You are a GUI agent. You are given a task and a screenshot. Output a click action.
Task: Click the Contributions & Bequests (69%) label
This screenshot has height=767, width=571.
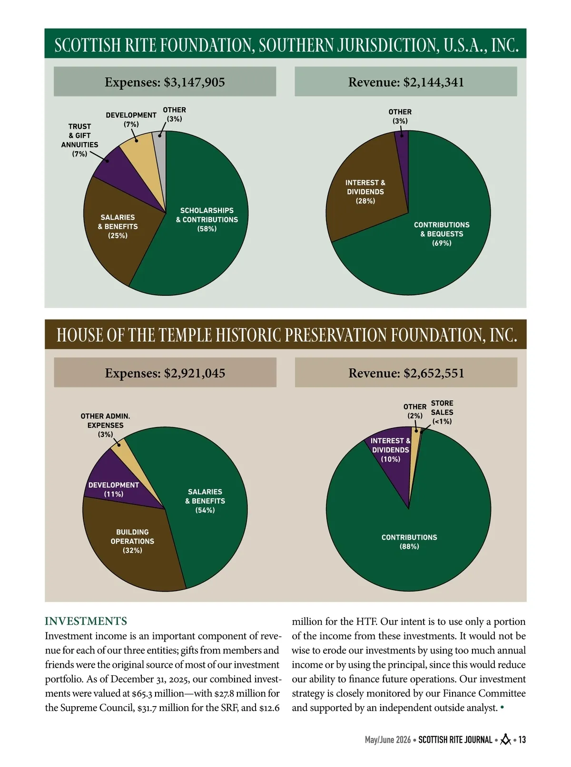442,234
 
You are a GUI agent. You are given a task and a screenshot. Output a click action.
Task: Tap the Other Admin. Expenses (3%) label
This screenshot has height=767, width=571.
105,425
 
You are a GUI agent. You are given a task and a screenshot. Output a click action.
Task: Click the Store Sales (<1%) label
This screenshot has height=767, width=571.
442,412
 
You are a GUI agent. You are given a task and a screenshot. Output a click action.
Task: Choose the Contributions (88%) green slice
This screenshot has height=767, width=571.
409,539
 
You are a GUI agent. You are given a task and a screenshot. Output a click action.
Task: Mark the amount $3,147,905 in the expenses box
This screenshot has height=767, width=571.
195,83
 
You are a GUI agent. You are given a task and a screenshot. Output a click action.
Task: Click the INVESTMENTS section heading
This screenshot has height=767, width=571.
86,621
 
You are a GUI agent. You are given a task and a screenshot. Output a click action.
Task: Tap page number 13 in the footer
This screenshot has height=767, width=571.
522,740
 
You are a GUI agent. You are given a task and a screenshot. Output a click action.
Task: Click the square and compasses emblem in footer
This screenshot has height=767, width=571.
506,739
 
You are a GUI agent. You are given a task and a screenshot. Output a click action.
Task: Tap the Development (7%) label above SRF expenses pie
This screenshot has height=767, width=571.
131,119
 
